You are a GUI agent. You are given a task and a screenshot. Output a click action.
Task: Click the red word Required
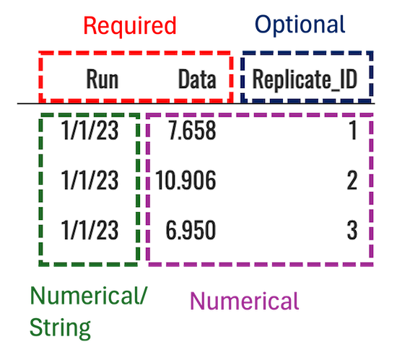tap(130, 25)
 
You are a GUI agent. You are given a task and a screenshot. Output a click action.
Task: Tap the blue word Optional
tap(300, 25)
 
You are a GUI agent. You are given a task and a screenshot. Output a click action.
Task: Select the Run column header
tap(102, 79)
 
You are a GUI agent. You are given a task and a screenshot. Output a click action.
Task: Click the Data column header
tap(197, 79)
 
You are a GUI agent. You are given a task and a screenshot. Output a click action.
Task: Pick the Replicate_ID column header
tap(305, 79)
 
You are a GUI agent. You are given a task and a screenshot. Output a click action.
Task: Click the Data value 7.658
tap(193, 131)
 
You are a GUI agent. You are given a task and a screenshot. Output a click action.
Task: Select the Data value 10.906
tap(186, 180)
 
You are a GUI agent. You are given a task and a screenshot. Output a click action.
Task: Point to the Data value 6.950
tap(191, 230)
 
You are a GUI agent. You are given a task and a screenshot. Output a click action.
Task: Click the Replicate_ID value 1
tap(353, 131)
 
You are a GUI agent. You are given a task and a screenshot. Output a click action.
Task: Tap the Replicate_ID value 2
tap(352, 180)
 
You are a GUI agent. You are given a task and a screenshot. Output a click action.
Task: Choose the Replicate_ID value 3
tap(352, 230)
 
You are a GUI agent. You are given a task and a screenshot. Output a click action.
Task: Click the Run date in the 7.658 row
tap(90, 131)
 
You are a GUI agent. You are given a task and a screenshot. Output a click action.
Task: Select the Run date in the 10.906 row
tap(90, 180)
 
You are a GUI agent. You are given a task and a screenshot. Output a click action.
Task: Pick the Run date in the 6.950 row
tap(90, 230)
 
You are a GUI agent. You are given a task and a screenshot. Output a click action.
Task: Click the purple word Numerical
tap(245, 301)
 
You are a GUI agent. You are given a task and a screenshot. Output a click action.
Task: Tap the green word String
tap(60, 328)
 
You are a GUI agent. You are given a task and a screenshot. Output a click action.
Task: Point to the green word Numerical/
tap(88, 296)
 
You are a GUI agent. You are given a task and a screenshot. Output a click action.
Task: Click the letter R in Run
tap(92, 79)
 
